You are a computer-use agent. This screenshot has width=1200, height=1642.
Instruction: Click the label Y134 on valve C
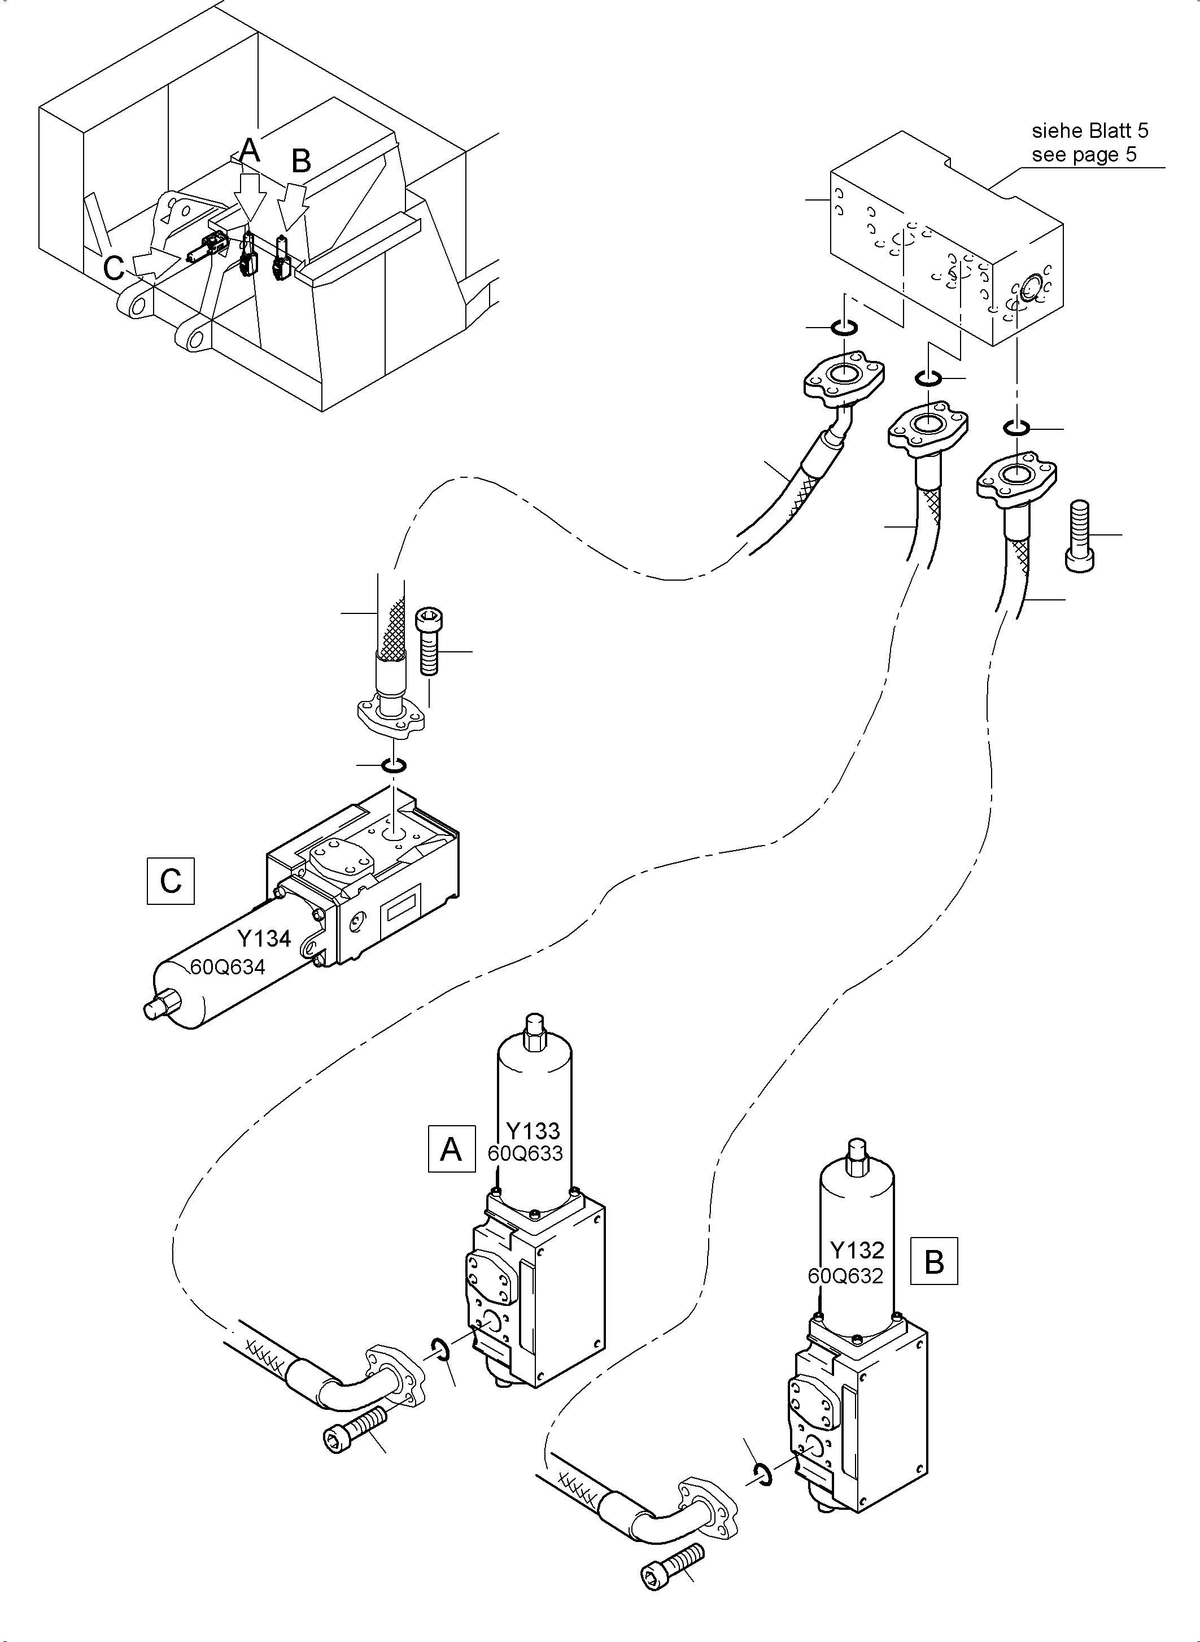[264, 939]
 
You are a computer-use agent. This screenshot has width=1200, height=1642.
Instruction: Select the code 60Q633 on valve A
[525, 1154]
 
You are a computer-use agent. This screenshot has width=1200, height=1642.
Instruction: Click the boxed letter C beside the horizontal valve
[171, 881]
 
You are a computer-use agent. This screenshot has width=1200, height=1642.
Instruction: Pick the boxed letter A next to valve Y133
[451, 1149]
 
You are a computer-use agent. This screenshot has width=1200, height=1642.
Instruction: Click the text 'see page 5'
[1084, 154]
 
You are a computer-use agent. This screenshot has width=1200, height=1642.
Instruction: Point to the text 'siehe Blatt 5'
[1089, 131]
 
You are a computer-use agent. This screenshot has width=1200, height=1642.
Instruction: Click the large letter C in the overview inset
[114, 268]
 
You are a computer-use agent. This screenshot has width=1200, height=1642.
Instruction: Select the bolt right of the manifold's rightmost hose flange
[1080, 535]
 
